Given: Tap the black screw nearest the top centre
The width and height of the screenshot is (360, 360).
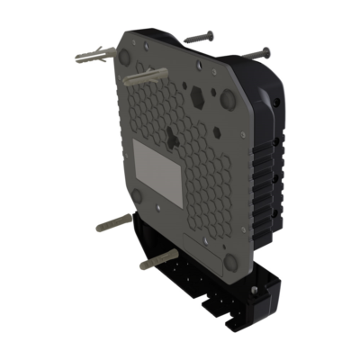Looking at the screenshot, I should click(199, 39).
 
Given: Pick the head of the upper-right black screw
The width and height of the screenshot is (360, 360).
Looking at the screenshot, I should click(267, 49).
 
